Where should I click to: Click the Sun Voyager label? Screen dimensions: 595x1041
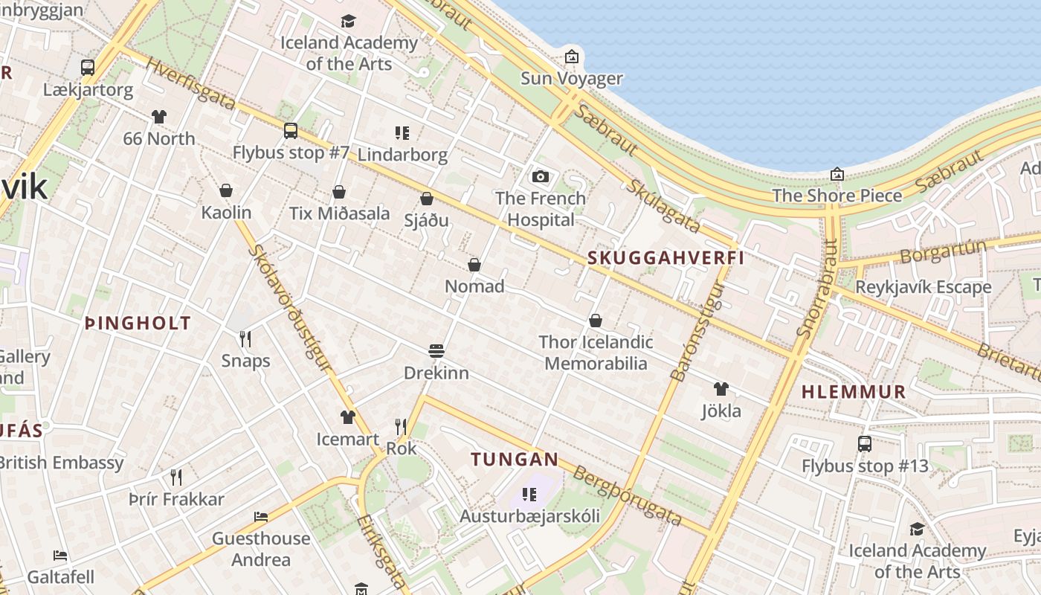click(x=571, y=78)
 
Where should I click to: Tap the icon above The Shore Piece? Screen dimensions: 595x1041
click(x=837, y=174)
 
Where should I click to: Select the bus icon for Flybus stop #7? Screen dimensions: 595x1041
click(x=291, y=131)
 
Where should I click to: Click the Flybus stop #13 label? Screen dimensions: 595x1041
click(x=865, y=466)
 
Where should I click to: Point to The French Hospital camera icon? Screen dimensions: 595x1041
click(x=541, y=176)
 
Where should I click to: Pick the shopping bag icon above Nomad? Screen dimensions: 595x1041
click(x=474, y=265)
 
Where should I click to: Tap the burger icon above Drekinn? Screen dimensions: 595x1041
click(x=436, y=351)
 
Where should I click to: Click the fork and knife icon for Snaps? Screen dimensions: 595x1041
click(x=245, y=339)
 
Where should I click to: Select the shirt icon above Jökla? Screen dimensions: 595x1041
click(x=721, y=388)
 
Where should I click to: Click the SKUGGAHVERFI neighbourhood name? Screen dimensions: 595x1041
click(x=665, y=258)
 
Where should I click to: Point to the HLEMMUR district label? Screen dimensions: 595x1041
click(x=854, y=392)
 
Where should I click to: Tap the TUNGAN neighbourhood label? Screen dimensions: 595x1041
click(x=514, y=459)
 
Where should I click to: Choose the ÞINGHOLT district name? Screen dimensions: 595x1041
click(x=138, y=324)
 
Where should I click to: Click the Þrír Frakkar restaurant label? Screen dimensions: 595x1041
click(x=176, y=499)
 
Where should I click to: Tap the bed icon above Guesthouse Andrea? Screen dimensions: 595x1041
click(x=260, y=516)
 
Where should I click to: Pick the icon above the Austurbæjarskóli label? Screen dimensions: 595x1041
click(x=529, y=494)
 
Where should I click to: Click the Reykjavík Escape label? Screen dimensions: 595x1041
click(x=923, y=287)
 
